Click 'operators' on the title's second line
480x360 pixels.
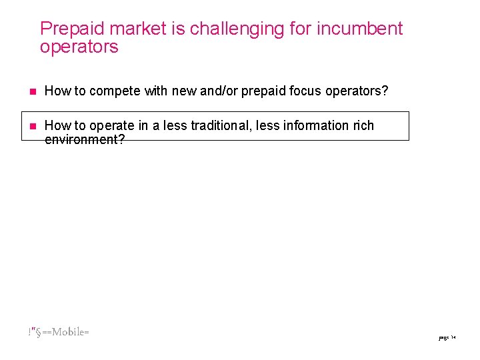tap(79, 47)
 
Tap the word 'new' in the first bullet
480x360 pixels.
tap(184, 91)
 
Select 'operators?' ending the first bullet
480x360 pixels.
tap(357, 91)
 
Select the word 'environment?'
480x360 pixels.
tap(85, 139)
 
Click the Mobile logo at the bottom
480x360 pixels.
tap(59, 332)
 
